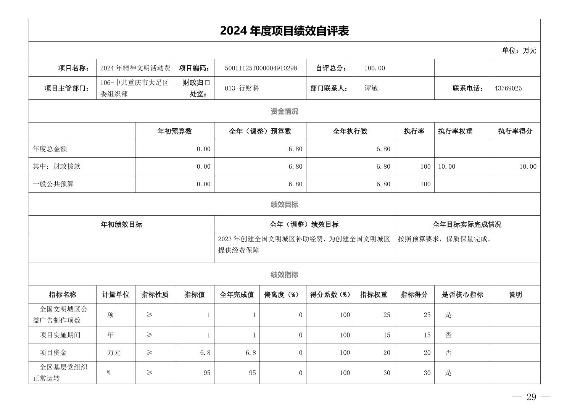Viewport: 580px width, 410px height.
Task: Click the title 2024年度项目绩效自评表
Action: pos(284,31)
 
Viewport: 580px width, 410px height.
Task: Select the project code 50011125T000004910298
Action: pos(261,68)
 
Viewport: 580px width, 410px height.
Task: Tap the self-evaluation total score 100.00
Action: pos(374,68)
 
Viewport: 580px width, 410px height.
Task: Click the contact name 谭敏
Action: pos(371,88)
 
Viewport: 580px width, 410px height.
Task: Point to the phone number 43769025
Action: pos(508,88)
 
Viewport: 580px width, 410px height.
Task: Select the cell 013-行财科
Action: pos(242,88)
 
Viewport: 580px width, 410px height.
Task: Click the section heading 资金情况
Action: pos(284,111)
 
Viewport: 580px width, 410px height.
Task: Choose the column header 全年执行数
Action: pos(350,131)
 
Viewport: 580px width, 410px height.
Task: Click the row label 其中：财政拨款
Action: pos(56,166)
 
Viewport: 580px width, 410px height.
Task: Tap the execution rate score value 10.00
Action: pos(527,166)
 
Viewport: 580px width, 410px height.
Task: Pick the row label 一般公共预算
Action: pos(53,184)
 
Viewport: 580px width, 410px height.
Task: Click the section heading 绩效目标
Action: pos(284,205)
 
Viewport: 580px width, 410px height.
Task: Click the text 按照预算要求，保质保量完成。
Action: pos(445,239)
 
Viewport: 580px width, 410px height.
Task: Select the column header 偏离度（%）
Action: pos(282,295)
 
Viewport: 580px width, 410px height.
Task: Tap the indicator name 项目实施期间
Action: pos(60,335)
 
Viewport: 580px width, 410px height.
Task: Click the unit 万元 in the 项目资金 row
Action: pos(114,353)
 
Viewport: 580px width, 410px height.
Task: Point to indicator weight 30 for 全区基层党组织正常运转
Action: pos(387,373)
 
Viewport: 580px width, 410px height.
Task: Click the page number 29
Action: pos(531,397)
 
